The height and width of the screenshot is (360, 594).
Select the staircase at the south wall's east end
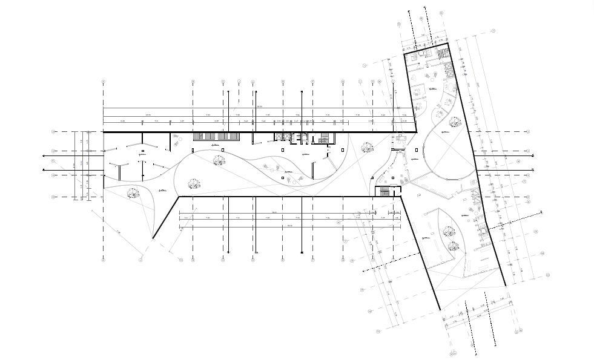(x=384, y=192)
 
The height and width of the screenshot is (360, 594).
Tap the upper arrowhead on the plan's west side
(x=44, y=155)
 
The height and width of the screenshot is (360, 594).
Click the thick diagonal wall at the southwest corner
(x=165, y=217)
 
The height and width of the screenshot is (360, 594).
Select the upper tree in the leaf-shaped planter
(x=449, y=231)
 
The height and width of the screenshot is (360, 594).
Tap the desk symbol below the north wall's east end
(x=400, y=138)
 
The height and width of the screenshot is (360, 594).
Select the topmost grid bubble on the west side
(x=53, y=131)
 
